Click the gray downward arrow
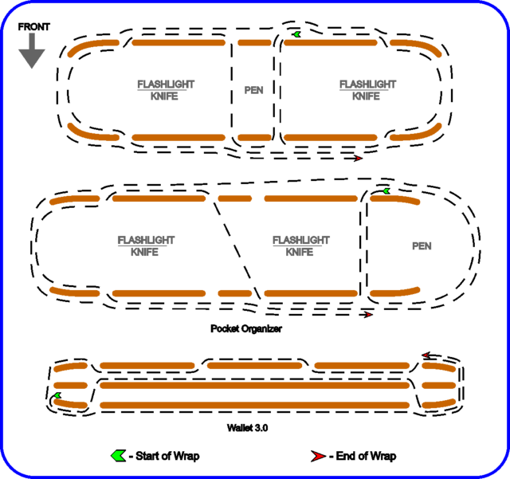click(32, 52)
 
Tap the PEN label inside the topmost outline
click(253, 90)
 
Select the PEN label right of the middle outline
click(422, 246)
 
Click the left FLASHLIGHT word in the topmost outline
click(166, 84)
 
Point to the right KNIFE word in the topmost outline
click(367, 96)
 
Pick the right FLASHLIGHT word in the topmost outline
click(367, 84)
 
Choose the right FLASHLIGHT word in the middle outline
click(301, 239)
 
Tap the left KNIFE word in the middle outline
click(144, 252)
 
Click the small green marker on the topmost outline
click(296, 34)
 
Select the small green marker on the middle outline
click(386, 191)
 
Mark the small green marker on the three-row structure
click(57, 395)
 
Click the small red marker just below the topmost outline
click(359, 158)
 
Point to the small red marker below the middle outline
click(368, 315)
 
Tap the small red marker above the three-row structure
click(426, 355)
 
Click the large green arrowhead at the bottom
click(118, 456)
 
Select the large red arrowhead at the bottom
click(319, 456)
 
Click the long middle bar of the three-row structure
click(254, 386)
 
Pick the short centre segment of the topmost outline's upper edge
click(254, 43)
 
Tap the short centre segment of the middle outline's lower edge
click(234, 293)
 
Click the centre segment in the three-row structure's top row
click(254, 366)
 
